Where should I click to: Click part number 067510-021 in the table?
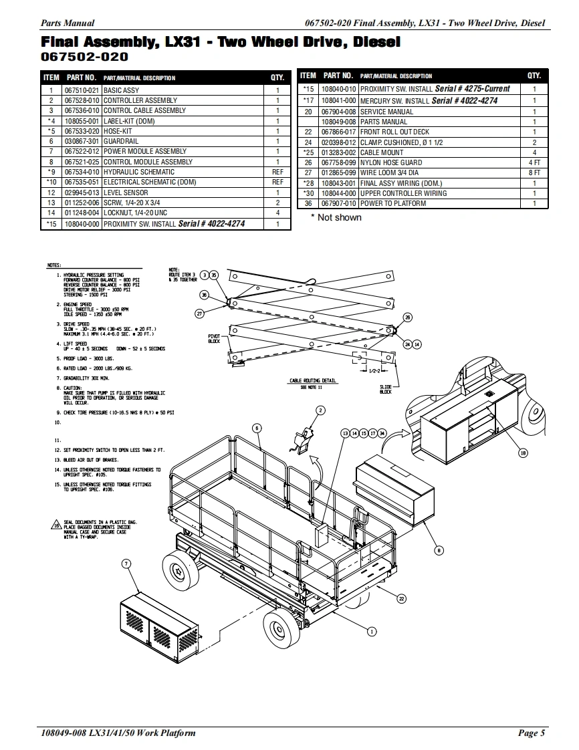pyautogui.click(x=82, y=90)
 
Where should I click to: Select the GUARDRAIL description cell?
pyautogui.click(x=121, y=141)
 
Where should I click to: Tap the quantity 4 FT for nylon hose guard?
pyautogui.click(x=534, y=162)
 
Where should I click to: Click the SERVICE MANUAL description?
pyautogui.click(x=386, y=112)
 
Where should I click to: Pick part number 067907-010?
pyautogui.click(x=339, y=203)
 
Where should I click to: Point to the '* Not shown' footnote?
pyautogui.click(x=336, y=217)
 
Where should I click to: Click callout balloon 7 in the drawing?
pyautogui.click(x=126, y=564)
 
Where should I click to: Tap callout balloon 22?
pyautogui.click(x=401, y=598)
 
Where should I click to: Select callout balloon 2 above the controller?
pyautogui.click(x=320, y=410)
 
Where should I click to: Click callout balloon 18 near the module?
pyautogui.click(x=523, y=453)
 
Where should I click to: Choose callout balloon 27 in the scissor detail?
pyautogui.click(x=199, y=313)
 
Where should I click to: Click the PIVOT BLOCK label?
pyautogui.click(x=214, y=338)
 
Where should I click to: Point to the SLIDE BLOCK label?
pyautogui.click(x=386, y=389)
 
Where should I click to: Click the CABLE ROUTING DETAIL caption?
pyautogui.click(x=313, y=380)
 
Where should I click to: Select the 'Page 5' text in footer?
pyautogui.click(x=532, y=733)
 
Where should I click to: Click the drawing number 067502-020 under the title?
pyautogui.click(x=85, y=57)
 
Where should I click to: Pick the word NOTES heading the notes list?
pyautogui.click(x=55, y=266)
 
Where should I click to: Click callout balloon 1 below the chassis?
pyautogui.click(x=372, y=630)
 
